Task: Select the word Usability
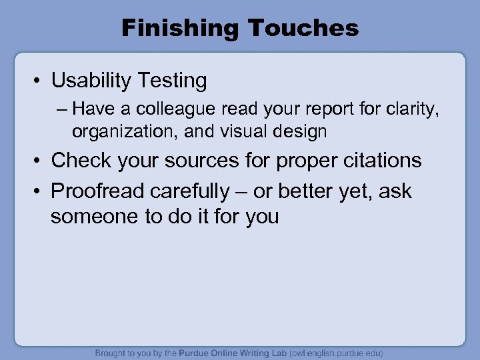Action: click(x=93, y=81)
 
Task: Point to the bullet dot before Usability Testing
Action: click(x=37, y=82)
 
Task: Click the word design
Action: click(x=299, y=131)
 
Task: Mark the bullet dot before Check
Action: click(x=37, y=161)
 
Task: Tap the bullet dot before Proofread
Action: click(x=37, y=192)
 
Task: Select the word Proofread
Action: click(x=97, y=191)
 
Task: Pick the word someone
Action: click(x=91, y=217)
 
